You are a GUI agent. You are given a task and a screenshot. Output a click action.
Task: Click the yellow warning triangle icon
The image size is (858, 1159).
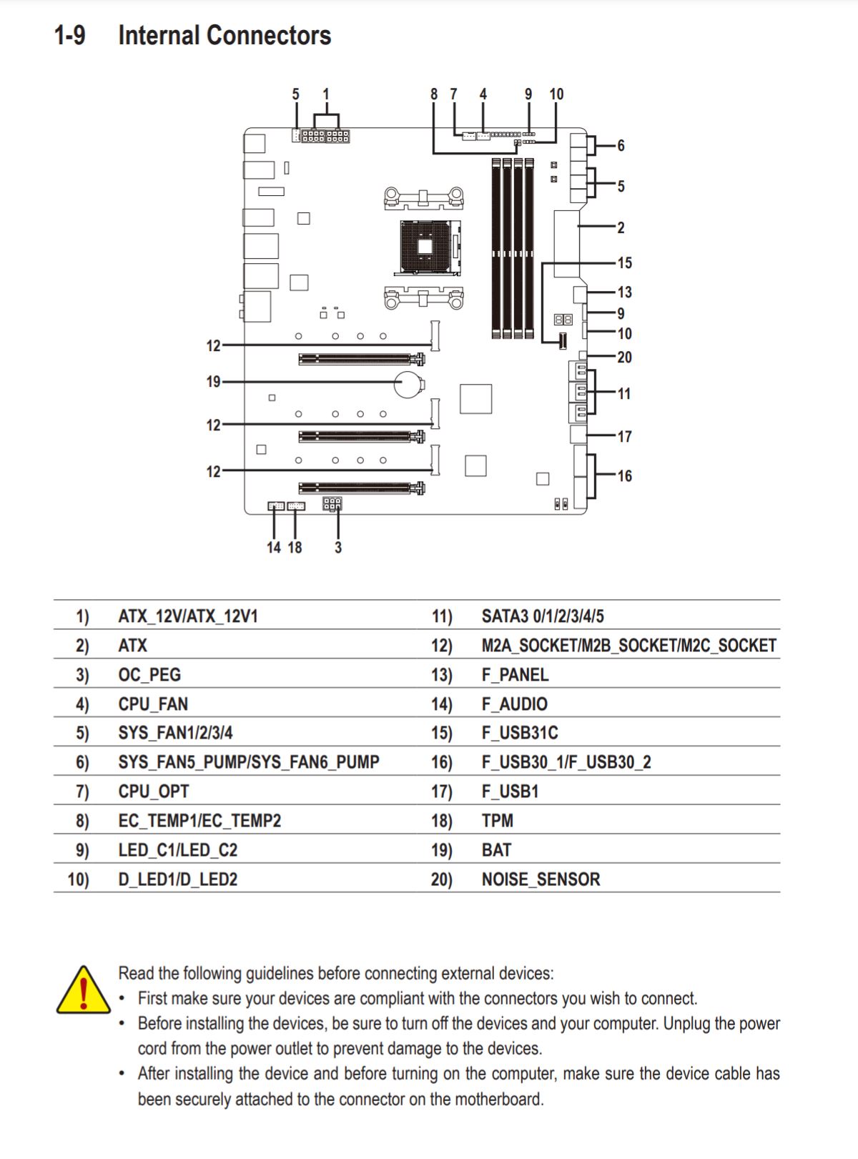tap(83, 991)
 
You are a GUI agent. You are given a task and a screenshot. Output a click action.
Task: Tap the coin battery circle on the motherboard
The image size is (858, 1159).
tap(408, 384)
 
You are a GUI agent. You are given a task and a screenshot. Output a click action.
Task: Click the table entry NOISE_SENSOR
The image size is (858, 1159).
tap(541, 879)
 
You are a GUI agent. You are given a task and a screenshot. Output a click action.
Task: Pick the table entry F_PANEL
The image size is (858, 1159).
tap(516, 675)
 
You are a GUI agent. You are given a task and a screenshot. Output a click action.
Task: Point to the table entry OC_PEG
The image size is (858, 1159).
tap(149, 675)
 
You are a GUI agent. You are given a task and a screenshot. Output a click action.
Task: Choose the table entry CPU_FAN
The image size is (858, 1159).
tap(153, 704)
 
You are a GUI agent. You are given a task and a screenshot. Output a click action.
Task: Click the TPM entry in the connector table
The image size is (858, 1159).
tap(498, 820)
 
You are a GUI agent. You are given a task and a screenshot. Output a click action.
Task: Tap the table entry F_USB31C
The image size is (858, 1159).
tap(520, 733)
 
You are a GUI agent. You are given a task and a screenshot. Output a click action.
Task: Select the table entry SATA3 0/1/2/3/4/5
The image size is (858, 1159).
tap(543, 616)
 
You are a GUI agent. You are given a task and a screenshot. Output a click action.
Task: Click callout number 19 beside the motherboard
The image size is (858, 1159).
tap(213, 382)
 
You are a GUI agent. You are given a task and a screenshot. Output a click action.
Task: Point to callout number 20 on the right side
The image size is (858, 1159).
tap(624, 357)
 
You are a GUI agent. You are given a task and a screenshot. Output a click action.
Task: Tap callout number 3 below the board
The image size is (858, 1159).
tap(338, 547)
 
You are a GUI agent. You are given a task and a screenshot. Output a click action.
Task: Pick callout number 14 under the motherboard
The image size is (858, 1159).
tap(274, 547)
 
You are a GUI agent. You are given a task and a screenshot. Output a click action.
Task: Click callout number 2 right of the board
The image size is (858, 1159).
tap(621, 227)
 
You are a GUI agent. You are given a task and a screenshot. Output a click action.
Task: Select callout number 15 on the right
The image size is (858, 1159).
tap(624, 262)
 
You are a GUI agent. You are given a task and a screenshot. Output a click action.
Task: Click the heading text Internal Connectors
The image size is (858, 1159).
tap(225, 35)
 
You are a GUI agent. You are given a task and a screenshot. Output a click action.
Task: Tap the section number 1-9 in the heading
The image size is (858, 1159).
tap(70, 35)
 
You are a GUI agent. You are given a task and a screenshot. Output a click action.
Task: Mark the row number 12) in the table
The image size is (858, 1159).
tap(442, 646)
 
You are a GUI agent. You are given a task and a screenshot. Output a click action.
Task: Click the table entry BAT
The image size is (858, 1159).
tap(496, 849)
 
